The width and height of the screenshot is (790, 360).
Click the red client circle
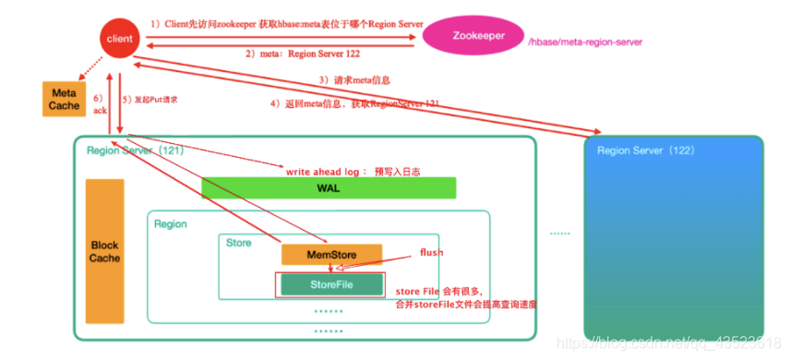point(117,40)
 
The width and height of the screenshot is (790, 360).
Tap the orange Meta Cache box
point(64,100)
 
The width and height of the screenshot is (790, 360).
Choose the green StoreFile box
point(329,283)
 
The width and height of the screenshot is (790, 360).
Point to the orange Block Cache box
point(104,251)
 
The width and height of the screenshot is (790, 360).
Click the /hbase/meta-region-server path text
point(583,42)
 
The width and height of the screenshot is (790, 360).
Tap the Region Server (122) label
point(646,150)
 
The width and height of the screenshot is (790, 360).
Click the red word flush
point(432,252)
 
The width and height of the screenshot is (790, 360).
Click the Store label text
point(239,242)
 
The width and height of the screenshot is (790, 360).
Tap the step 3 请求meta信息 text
point(350,80)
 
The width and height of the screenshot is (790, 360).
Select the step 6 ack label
point(100,102)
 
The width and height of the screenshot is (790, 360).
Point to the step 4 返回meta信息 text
point(354,104)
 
